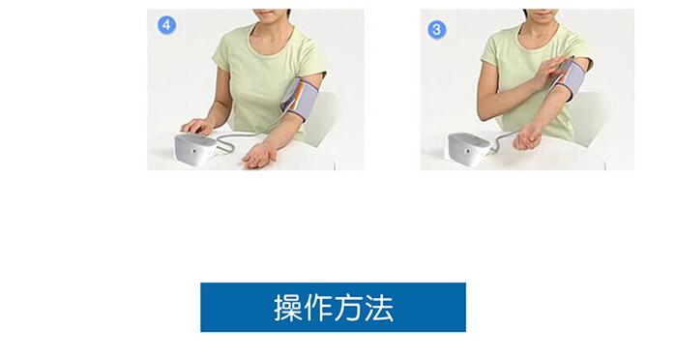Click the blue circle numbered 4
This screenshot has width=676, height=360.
pyautogui.click(x=166, y=25)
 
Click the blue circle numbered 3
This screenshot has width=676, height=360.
pyautogui.click(x=437, y=30)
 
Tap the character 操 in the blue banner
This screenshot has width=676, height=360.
pyautogui.click(x=288, y=308)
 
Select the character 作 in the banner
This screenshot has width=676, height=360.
pyautogui.click(x=318, y=308)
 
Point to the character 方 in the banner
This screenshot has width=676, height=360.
pyautogui.click(x=348, y=308)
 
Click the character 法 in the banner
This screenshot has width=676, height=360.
pyautogui.click(x=379, y=308)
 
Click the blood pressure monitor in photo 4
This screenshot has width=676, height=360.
pyautogui.click(x=195, y=150)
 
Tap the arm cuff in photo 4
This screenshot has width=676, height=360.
pyautogui.click(x=300, y=99)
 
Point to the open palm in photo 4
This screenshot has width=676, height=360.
pyautogui.click(x=258, y=156)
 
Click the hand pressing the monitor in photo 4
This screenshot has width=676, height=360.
pyautogui.click(x=197, y=127)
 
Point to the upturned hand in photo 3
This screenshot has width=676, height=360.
pyautogui.click(x=527, y=140)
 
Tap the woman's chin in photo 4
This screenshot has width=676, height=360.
pyautogui.click(x=271, y=15)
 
